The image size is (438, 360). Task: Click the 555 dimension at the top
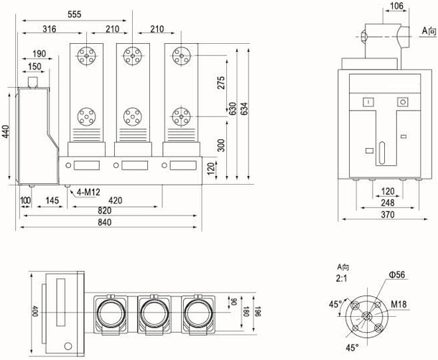pyautogui.click(x=73, y=14)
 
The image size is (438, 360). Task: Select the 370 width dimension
pyautogui.click(x=388, y=214)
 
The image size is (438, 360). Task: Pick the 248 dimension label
pyautogui.click(x=388, y=203)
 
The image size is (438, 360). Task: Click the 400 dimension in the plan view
pyautogui.click(x=34, y=314)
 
